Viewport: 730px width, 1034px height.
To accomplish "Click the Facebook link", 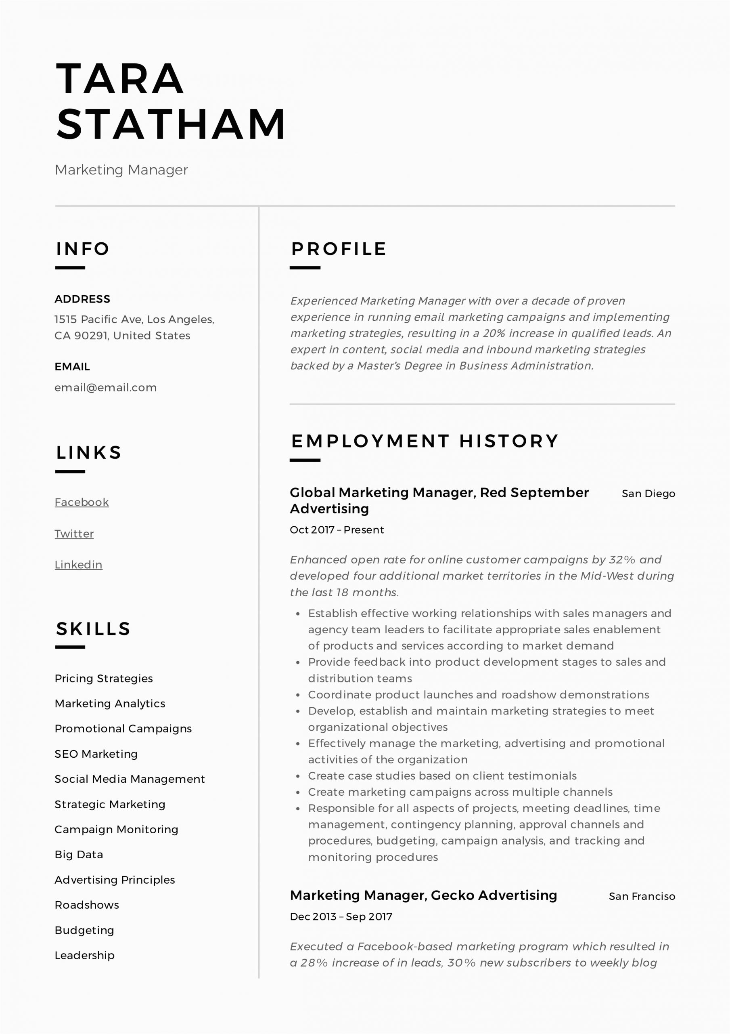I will point(82,502).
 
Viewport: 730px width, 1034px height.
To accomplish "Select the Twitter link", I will point(74,534).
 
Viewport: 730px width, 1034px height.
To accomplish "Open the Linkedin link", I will point(78,565).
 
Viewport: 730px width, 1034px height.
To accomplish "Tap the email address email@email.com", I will point(105,388).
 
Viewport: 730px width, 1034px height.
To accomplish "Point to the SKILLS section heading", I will point(93,629).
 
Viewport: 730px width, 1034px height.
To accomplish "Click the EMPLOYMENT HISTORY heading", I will point(425,441).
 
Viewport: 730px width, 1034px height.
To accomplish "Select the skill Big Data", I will point(79,855).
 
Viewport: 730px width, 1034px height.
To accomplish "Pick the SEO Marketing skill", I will point(96,754).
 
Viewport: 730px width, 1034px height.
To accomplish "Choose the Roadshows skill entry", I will point(86,905).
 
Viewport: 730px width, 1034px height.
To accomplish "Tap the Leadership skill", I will point(84,955).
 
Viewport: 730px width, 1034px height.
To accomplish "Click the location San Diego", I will point(648,494).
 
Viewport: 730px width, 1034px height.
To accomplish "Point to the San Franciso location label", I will point(641,896).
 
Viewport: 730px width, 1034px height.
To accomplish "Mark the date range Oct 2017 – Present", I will point(337,530).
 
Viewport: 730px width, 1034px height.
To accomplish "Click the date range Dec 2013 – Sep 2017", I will point(341,916).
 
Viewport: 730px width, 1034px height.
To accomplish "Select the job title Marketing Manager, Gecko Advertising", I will point(423,895).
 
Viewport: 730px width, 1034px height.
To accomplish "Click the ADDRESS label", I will point(82,299).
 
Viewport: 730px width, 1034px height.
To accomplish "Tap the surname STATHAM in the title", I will point(171,124).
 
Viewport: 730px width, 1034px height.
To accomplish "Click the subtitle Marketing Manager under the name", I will point(121,170).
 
